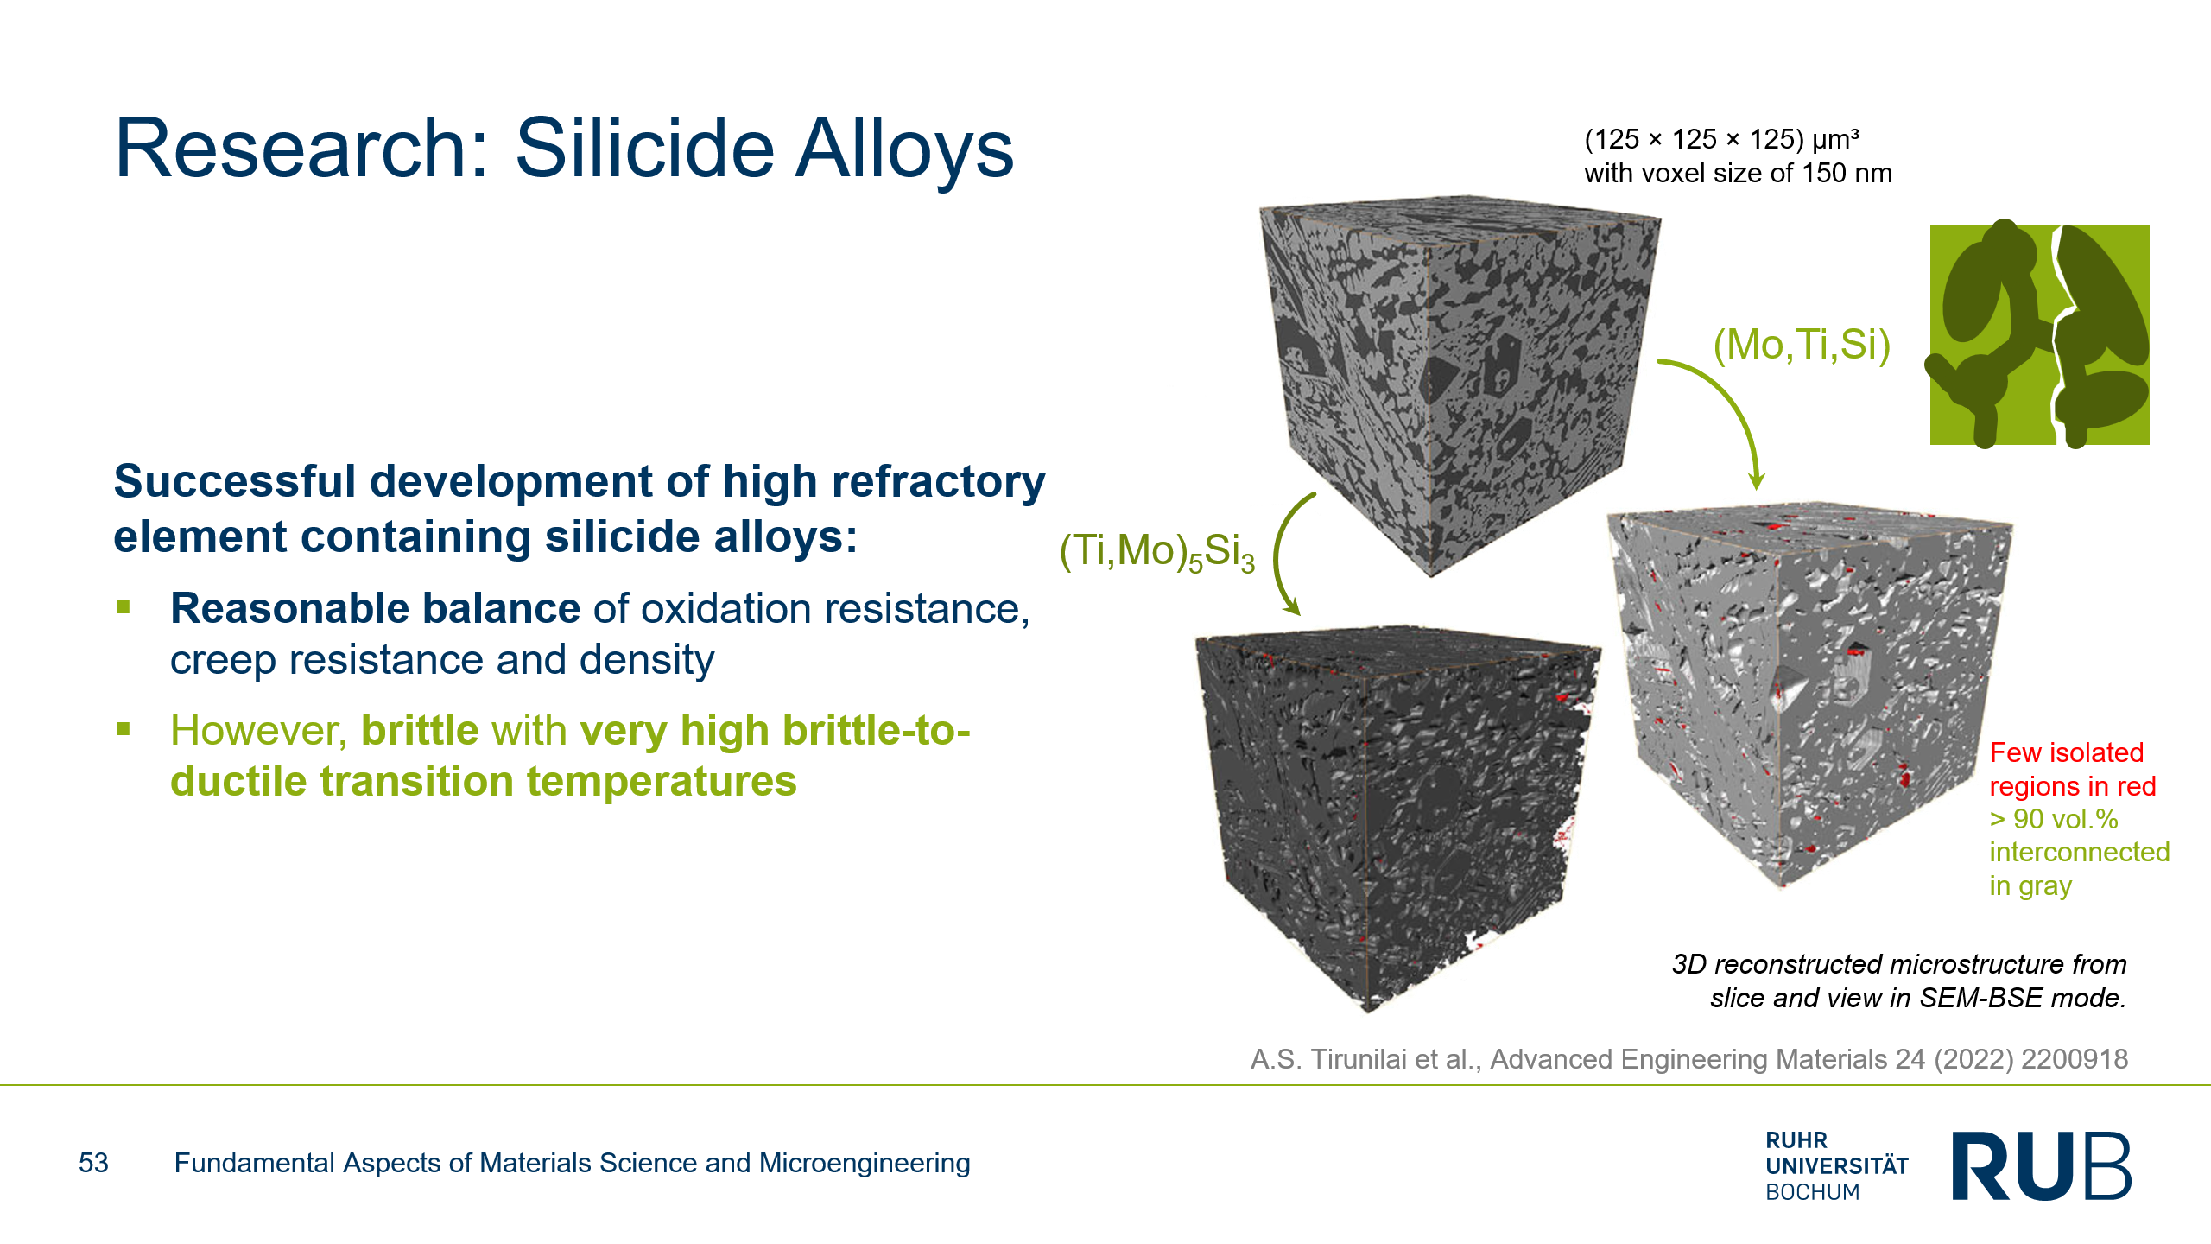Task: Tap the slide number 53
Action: [x=93, y=1163]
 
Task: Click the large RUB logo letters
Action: [x=2042, y=1165]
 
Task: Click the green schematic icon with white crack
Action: [x=2038, y=334]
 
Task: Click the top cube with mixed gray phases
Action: [x=1460, y=384]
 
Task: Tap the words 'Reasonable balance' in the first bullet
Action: [x=375, y=608]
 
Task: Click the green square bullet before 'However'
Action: [x=124, y=729]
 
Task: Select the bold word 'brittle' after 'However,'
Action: [x=420, y=730]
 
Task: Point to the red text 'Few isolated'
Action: [x=2067, y=752]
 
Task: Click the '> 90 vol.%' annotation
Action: [x=2054, y=819]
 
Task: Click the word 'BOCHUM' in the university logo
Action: [x=1813, y=1192]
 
